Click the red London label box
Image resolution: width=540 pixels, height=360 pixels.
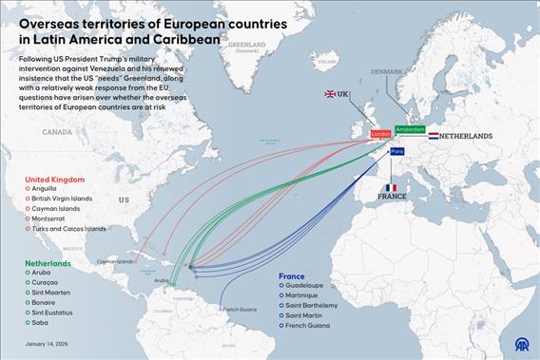pyautogui.click(x=380, y=134)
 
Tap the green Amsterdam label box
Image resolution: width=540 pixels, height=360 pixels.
pyautogui.click(x=410, y=128)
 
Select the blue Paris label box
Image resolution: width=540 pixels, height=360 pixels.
pyautogui.click(x=397, y=151)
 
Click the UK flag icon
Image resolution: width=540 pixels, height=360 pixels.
pyautogui.click(x=331, y=94)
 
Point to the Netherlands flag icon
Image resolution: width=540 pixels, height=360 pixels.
pyautogui.click(x=434, y=136)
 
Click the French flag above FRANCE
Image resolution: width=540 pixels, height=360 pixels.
pyautogui.click(x=390, y=187)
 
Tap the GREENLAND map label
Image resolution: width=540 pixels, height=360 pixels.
pyautogui.click(x=247, y=45)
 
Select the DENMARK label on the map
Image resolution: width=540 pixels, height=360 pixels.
pyautogui.click(x=387, y=71)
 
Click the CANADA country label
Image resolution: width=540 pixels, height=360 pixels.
pyautogui.click(x=57, y=133)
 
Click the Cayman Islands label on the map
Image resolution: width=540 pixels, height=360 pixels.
pyautogui.click(x=116, y=262)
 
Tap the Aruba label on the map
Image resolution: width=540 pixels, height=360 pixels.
pyautogui.click(x=163, y=280)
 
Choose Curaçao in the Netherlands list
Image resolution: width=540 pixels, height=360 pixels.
pyautogui.click(x=49, y=282)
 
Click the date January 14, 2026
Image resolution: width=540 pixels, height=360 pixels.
pyautogui.click(x=48, y=344)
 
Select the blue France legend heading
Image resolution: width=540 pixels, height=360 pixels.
pyautogui.click(x=292, y=276)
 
